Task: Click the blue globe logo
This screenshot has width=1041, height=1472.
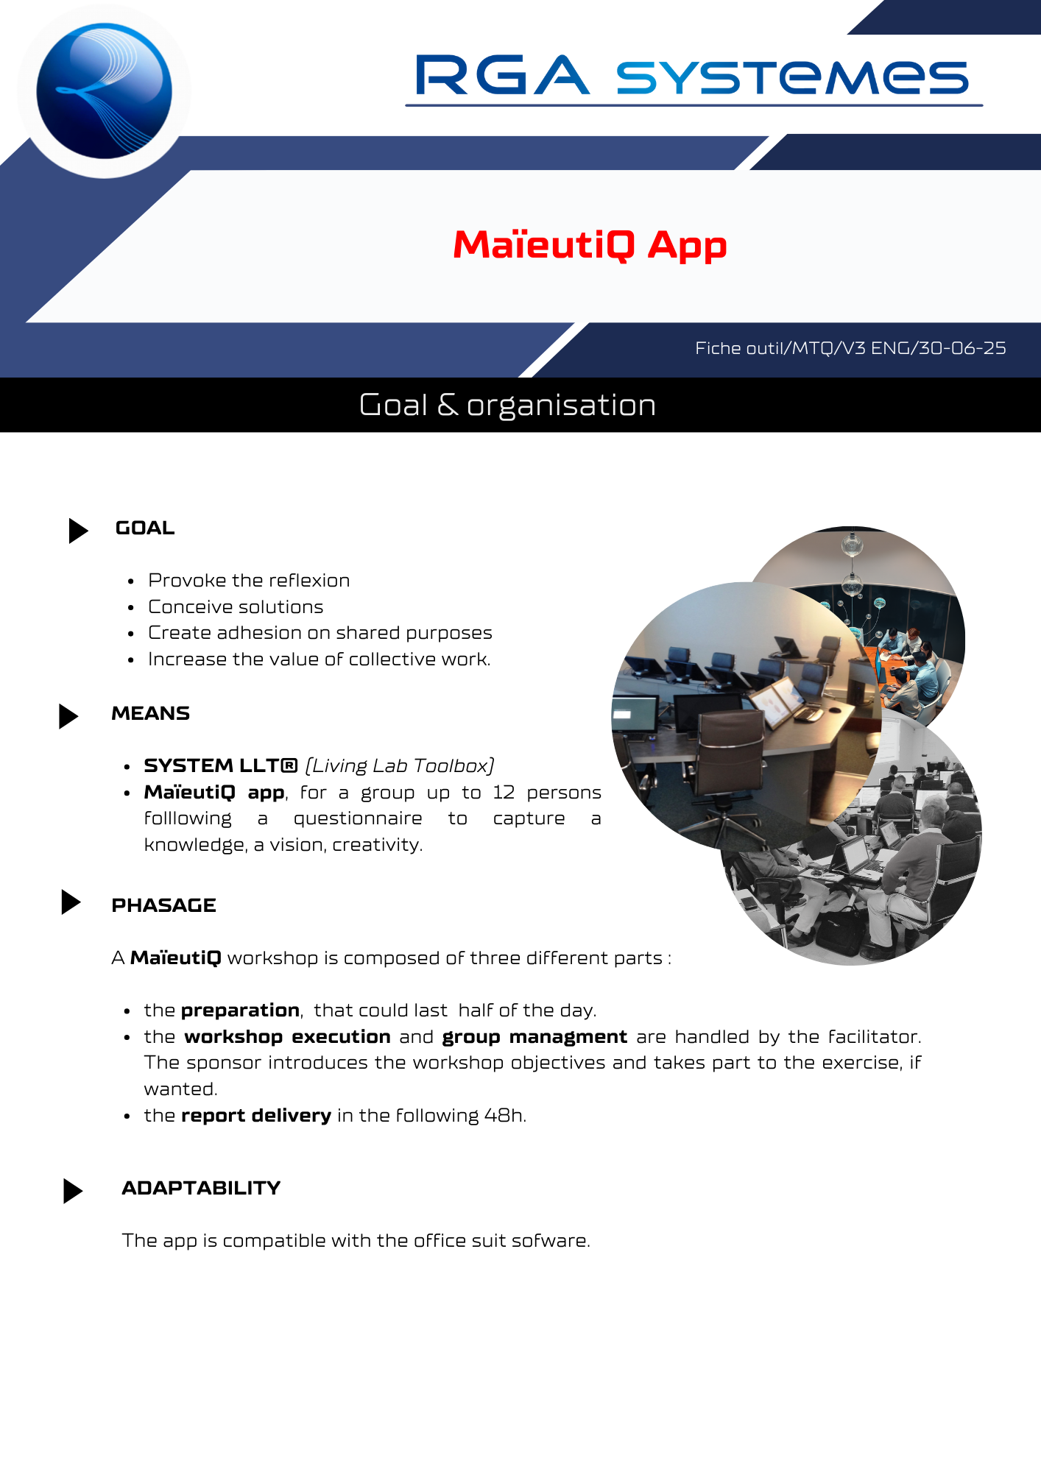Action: (x=104, y=91)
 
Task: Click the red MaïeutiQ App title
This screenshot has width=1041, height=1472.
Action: (x=590, y=245)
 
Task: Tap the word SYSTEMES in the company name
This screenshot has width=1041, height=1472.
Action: (x=792, y=77)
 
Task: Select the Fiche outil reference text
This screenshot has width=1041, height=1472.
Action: (x=850, y=348)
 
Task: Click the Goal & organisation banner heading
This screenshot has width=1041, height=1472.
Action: (x=507, y=405)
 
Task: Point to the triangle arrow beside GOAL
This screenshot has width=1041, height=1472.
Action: (x=78, y=531)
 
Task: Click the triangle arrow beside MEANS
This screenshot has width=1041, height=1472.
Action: (x=68, y=716)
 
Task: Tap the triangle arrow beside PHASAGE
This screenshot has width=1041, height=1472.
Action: (x=71, y=902)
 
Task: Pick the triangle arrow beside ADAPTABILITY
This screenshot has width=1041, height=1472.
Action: (x=73, y=1191)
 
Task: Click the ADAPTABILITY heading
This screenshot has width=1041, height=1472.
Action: (x=201, y=1188)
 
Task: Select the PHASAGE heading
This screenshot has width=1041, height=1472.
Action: (x=163, y=905)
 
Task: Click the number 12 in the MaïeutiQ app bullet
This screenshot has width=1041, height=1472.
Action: (x=504, y=793)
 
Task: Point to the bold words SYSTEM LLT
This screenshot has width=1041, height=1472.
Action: (x=220, y=766)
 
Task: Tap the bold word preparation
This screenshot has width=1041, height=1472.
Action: (x=240, y=1011)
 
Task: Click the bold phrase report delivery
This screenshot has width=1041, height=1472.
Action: (x=256, y=1116)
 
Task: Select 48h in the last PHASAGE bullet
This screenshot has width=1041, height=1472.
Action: (x=504, y=1116)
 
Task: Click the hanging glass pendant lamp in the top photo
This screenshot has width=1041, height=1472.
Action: (x=853, y=545)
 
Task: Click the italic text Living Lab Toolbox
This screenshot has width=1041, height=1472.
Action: (x=400, y=766)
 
